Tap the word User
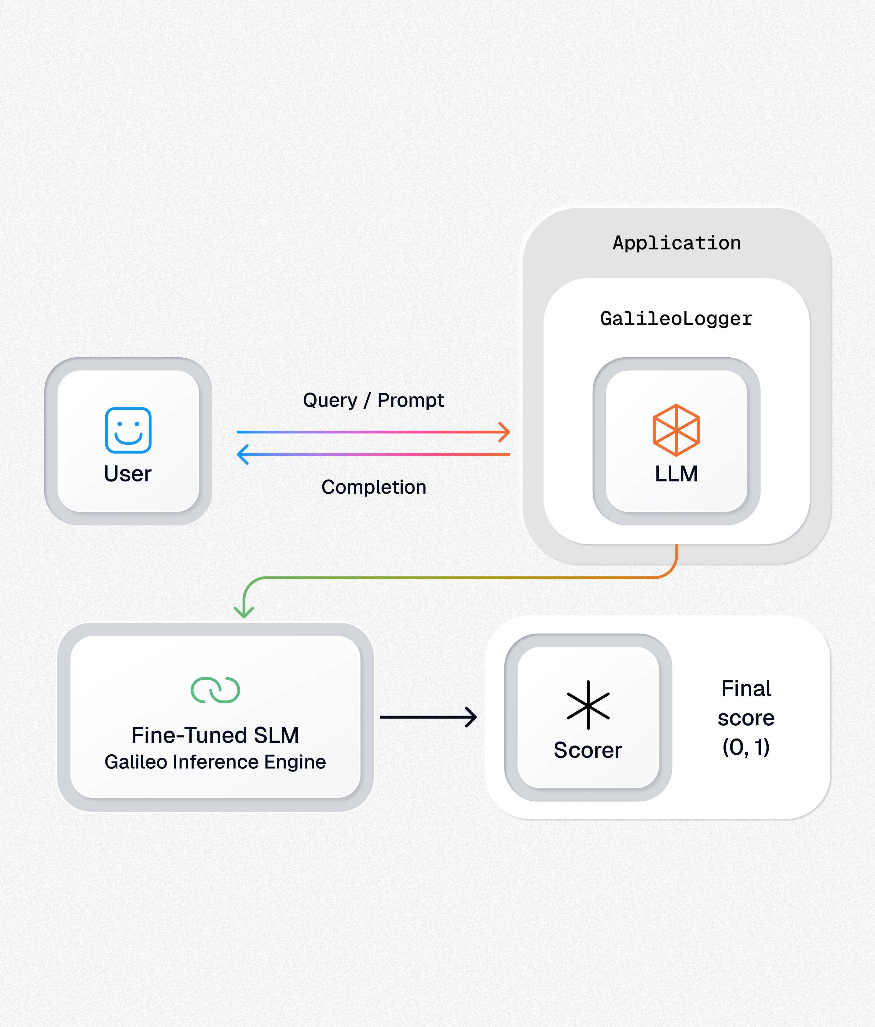pos(127,474)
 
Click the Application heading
pos(676,243)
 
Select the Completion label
pos(374,487)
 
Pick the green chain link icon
pos(215,690)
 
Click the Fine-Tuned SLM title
pos(215,735)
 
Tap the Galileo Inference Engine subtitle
pos(215,762)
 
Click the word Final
pos(746,688)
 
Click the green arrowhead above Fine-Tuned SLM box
pos(244,613)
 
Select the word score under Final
pos(746,718)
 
